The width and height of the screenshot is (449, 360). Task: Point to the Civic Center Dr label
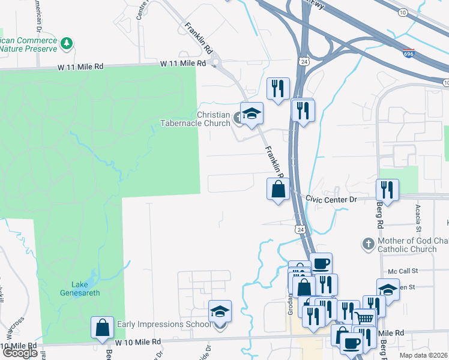(x=331, y=198)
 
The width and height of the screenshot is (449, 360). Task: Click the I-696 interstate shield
(x=408, y=54)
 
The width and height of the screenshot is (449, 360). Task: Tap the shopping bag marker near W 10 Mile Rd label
(x=102, y=328)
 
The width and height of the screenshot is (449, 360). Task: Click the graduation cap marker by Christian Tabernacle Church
(x=252, y=113)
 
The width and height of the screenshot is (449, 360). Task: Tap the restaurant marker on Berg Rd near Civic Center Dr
(x=387, y=190)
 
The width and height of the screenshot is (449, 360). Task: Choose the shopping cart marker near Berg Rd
(x=364, y=318)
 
